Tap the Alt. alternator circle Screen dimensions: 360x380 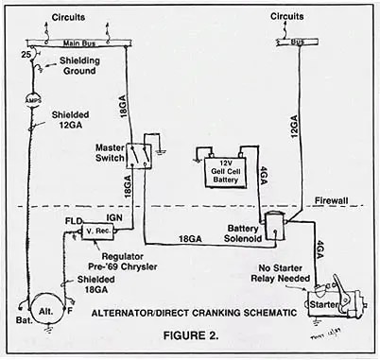43,310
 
